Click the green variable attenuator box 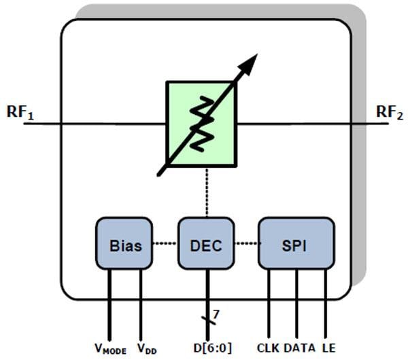(180, 102)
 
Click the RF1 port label (20, 113)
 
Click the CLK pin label (268, 348)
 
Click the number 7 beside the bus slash (216, 314)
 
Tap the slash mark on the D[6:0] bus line (207, 320)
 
